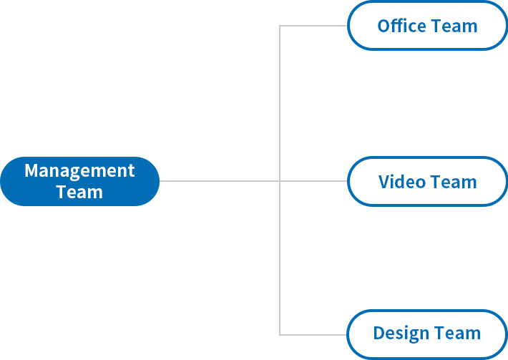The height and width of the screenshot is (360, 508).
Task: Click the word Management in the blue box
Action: [79, 171]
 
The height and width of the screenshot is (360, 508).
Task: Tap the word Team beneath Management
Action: [79, 192]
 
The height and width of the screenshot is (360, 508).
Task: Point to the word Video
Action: [401, 182]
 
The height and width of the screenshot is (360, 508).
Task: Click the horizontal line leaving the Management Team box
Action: [220, 181]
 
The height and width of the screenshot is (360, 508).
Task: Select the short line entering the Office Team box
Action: [313, 26]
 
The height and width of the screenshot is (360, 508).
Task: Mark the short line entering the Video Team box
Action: [313, 181]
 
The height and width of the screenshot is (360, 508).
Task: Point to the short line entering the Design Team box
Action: [313, 335]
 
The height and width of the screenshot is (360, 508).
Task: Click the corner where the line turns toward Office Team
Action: [280, 26]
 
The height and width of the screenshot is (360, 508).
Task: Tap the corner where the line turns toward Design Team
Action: [280, 335]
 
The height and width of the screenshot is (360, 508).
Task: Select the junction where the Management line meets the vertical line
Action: [280, 181]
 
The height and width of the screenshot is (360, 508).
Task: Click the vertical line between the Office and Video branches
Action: [280, 103]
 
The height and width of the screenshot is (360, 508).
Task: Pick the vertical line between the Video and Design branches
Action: [280, 258]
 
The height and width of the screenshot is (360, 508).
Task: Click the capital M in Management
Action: [31, 170]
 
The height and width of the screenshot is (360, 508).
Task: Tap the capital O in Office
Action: [384, 26]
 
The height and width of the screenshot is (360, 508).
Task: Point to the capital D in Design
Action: [378, 333]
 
